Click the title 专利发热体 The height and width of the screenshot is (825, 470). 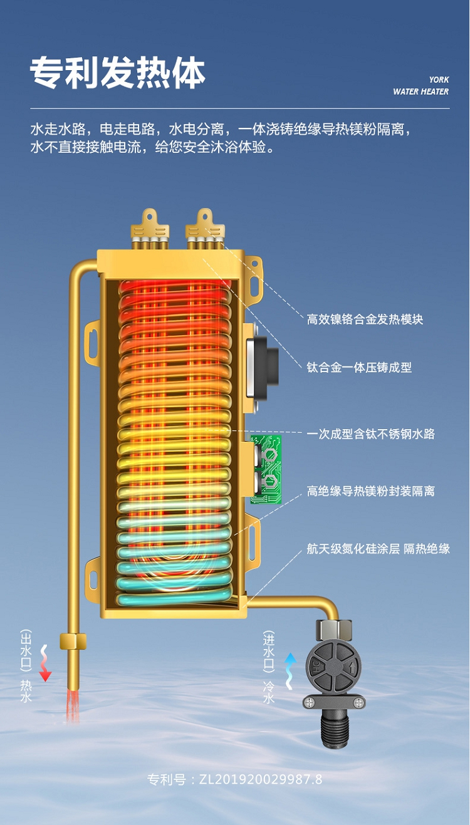118,73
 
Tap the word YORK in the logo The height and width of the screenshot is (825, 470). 439,80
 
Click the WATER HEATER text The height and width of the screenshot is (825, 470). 420,92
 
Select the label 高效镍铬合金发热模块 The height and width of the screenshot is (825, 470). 365,319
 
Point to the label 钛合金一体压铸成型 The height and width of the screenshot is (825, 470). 359,368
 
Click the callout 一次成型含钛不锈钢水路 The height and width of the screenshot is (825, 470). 371,433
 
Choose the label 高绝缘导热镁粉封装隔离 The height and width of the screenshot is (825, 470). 371,491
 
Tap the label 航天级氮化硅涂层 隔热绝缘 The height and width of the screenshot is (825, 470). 379,549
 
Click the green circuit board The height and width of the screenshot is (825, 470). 267,469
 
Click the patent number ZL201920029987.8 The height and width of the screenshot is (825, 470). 235,779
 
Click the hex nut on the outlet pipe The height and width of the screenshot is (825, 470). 73,641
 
